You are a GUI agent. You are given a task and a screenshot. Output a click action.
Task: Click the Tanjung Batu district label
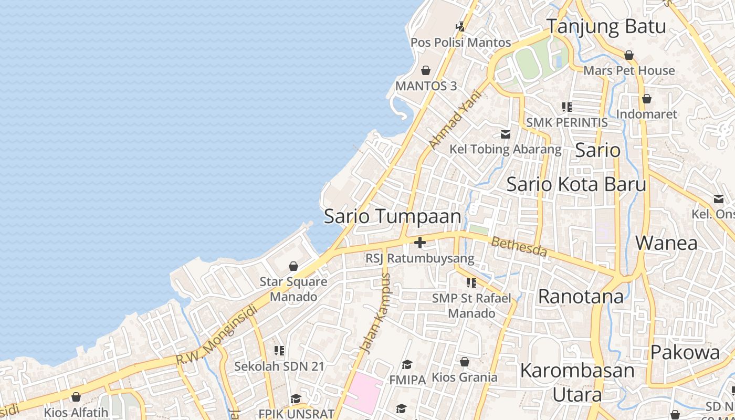[606, 26]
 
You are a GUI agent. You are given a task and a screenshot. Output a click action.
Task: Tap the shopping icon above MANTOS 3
[426, 70]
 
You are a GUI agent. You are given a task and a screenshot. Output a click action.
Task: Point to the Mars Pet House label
[629, 70]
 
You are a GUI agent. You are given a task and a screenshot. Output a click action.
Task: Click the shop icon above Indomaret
[646, 99]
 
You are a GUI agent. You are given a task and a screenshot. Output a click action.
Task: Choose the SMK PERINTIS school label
[566, 122]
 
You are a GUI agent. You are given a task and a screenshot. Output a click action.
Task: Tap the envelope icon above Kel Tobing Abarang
[505, 134]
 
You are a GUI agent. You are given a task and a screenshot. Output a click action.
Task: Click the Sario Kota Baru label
[576, 184]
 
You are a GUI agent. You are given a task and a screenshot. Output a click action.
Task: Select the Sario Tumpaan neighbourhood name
[392, 216]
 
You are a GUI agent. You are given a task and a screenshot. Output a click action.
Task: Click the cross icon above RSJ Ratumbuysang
[419, 243]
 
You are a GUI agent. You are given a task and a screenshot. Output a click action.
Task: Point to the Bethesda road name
[519, 247]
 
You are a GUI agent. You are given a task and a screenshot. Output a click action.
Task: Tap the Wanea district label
[666, 243]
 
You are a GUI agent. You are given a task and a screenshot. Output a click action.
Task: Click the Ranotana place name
[581, 297]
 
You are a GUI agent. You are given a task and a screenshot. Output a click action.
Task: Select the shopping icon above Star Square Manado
[293, 267]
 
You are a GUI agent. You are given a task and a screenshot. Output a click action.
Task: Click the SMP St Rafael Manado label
[471, 306]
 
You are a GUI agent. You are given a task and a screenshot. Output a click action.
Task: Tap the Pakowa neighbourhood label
[685, 352]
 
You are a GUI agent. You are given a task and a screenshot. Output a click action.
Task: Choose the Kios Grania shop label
[464, 377]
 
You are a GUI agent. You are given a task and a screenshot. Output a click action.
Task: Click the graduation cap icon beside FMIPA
[407, 365]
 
